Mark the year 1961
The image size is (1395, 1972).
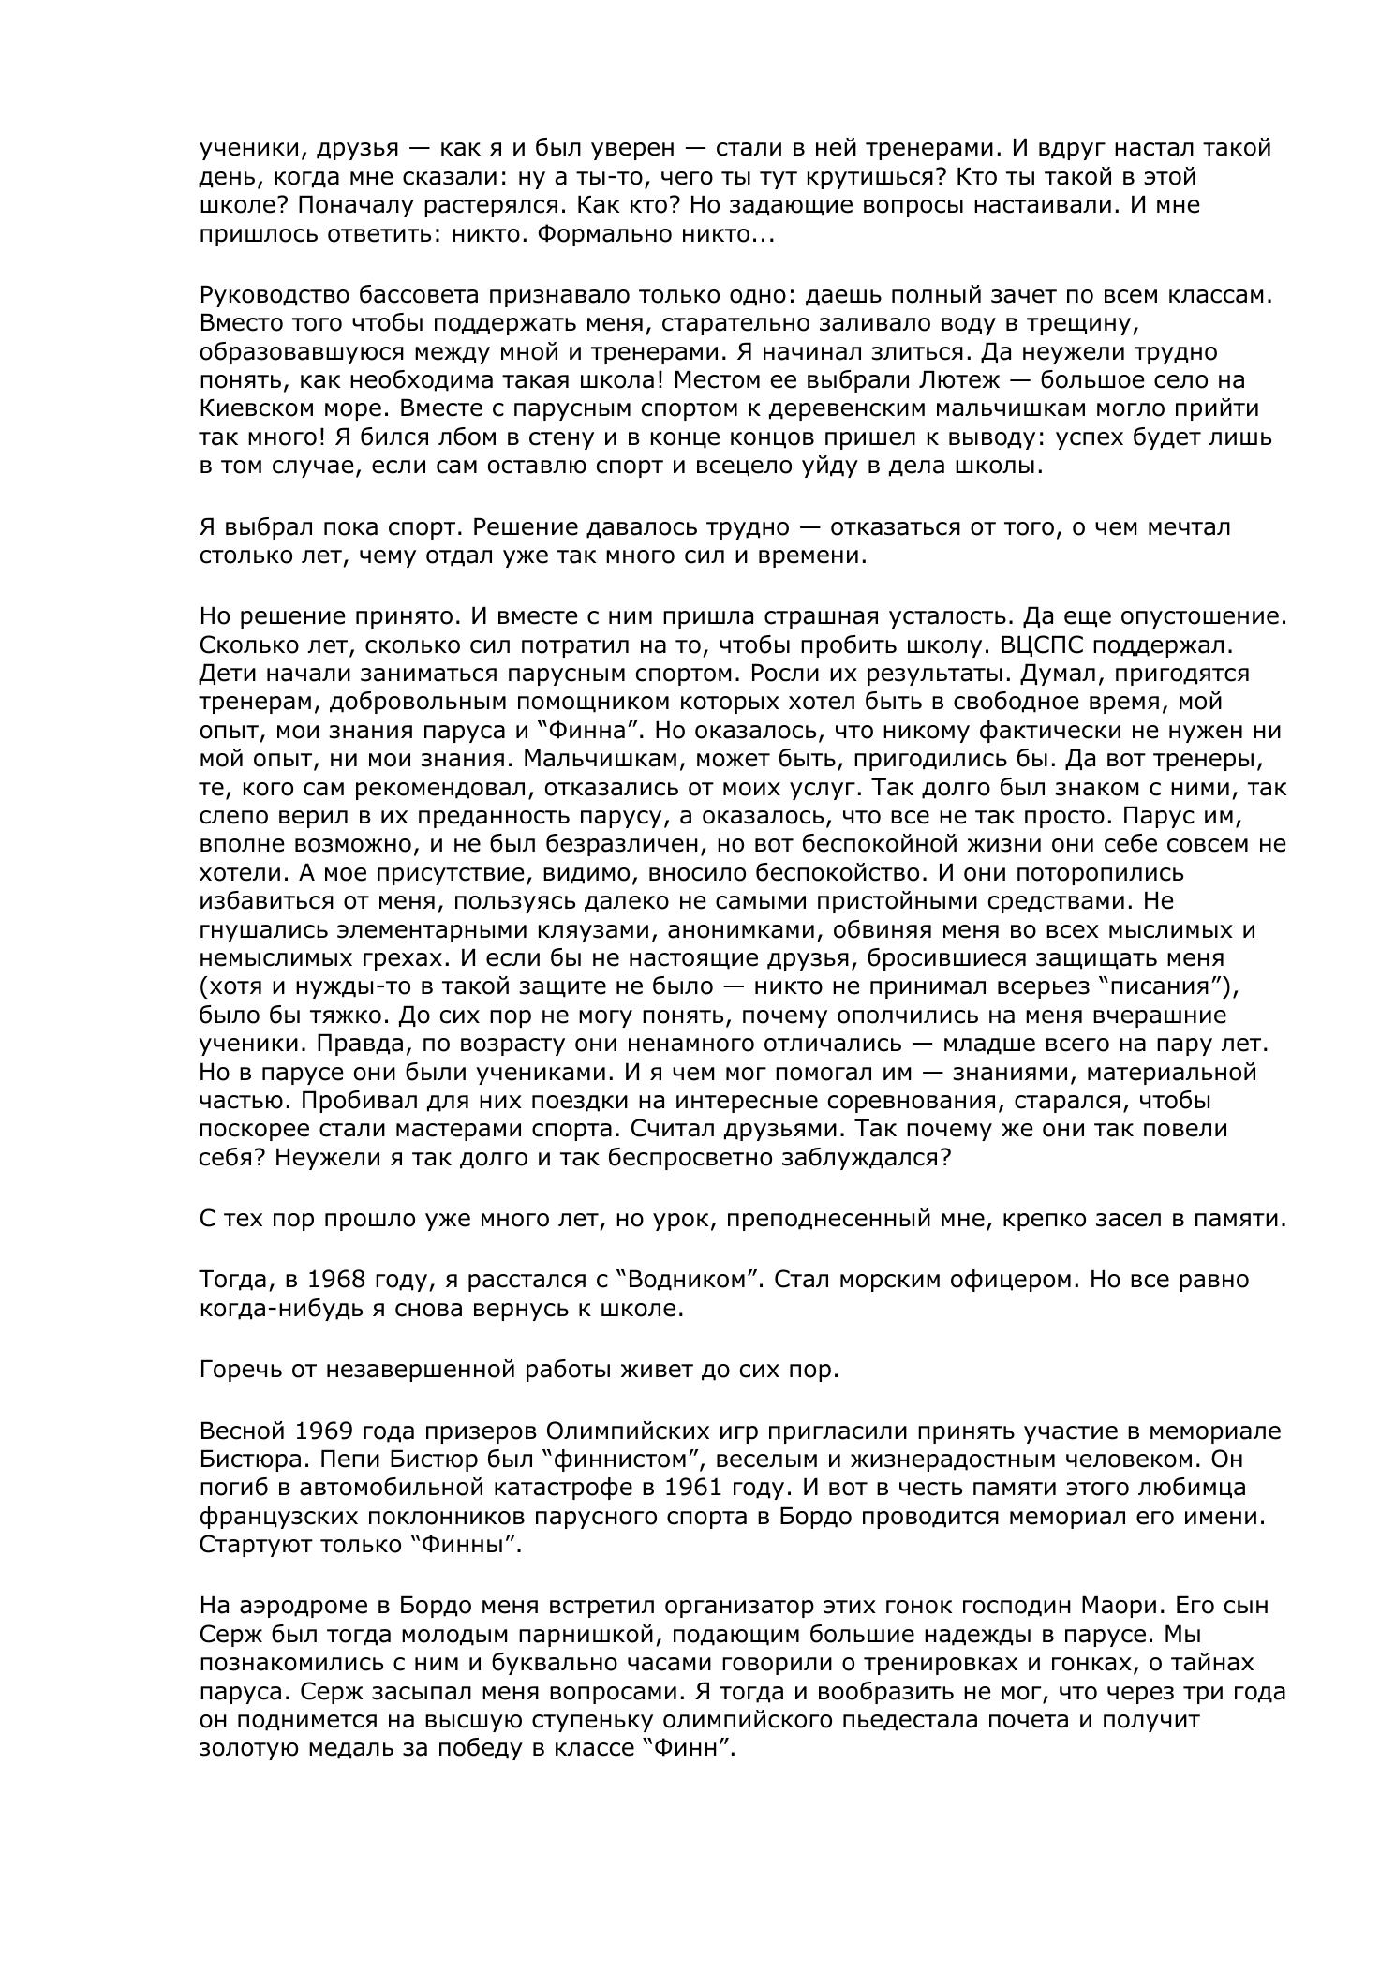[x=698, y=1488]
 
